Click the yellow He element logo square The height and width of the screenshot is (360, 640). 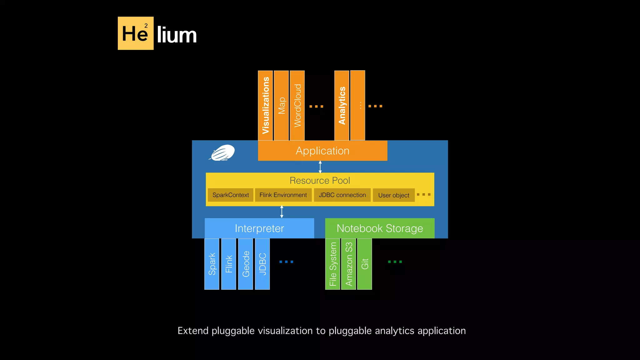point(135,33)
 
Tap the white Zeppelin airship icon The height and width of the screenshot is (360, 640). point(222,153)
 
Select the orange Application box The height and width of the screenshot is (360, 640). point(322,151)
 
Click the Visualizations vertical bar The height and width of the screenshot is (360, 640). point(265,105)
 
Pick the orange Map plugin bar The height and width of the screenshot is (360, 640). point(281,105)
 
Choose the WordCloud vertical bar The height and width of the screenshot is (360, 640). point(297,105)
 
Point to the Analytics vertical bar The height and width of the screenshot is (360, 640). point(342,105)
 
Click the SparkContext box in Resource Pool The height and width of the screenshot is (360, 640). point(230,195)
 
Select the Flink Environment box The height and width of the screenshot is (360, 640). point(283,195)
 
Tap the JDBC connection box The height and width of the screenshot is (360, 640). point(342,195)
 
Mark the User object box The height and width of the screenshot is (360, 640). point(393,195)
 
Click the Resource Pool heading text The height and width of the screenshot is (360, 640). point(320,181)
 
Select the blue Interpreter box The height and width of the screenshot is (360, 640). point(259,228)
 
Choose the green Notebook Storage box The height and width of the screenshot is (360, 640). point(380,228)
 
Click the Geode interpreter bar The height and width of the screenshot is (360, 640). point(246,264)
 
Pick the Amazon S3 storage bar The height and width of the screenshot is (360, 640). point(349,264)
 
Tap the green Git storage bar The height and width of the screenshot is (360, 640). point(365,264)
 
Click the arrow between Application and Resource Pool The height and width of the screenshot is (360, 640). point(320,167)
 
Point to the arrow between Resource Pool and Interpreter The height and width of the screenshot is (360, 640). point(282,212)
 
